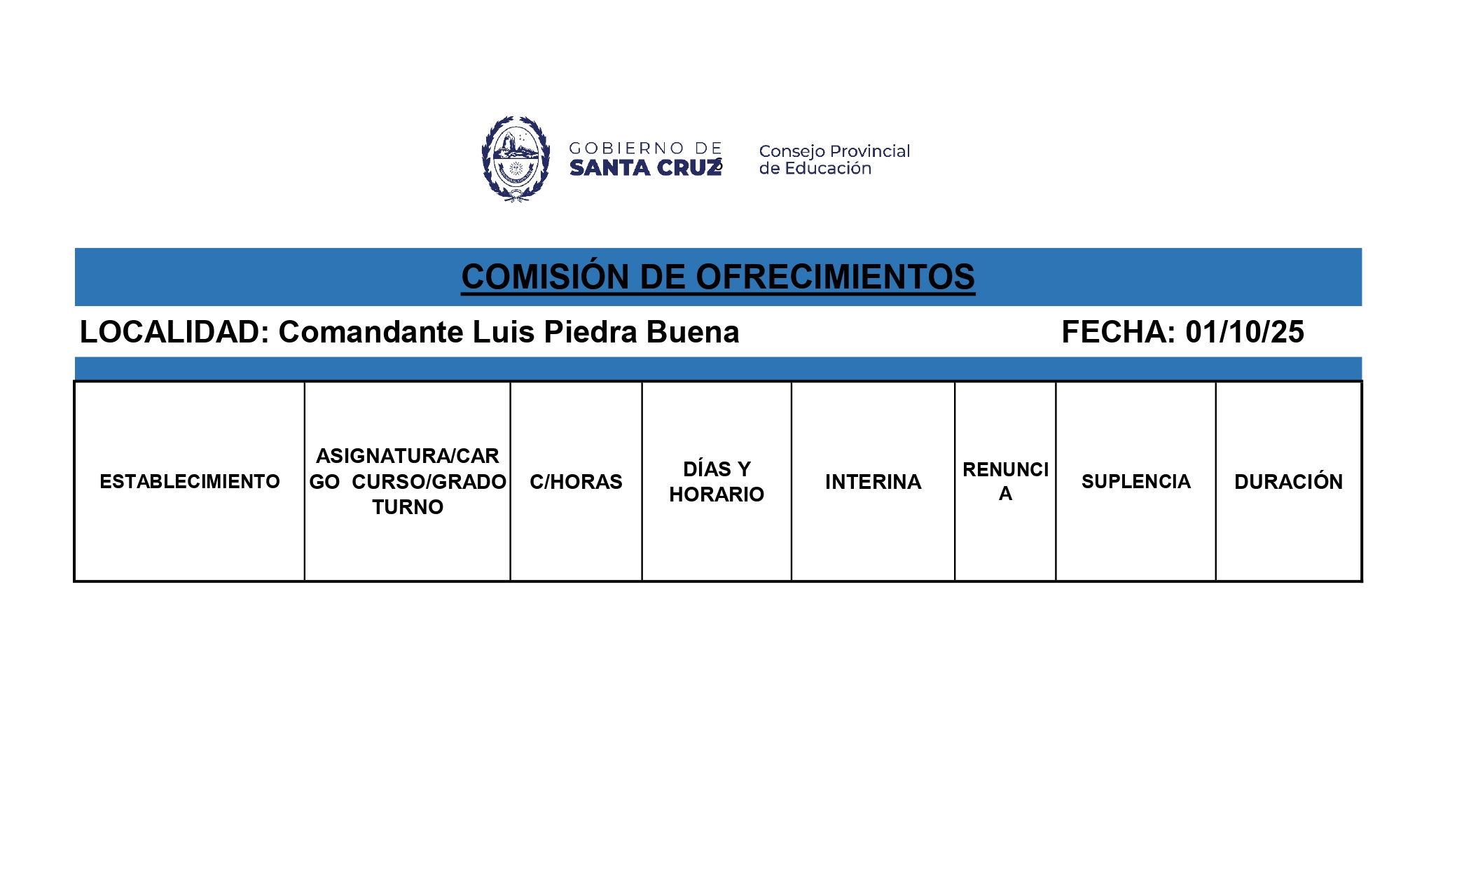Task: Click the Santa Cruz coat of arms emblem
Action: click(x=516, y=159)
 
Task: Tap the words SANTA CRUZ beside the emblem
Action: click(x=644, y=168)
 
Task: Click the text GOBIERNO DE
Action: click(x=645, y=148)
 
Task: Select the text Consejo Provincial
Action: click(x=834, y=151)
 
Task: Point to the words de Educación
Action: click(x=815, y=169)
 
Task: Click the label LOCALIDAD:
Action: click(x=174, y=332)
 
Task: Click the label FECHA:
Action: click(x=1118, y=332)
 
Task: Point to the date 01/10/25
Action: click(x=1244, y=332)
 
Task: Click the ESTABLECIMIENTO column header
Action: click(x=189, y=482)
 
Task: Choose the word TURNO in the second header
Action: click(x=408, y=507)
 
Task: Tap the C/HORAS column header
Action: click(x=576, y=482)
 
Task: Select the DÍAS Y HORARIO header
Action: click(x=717, y=482)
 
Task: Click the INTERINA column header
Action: click(x=873, y=482)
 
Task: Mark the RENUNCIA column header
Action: click(x=1005, y=481)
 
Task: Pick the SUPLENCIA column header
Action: click(x=1135, y=482)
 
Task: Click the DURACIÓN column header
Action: click(x=1288, y=482)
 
